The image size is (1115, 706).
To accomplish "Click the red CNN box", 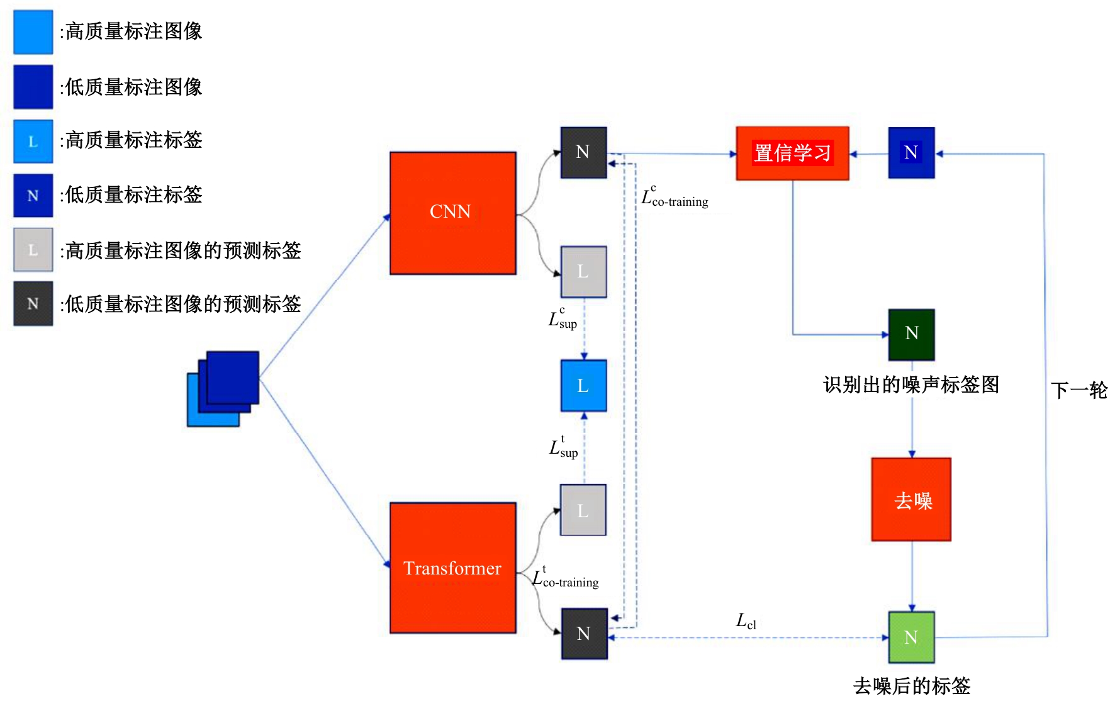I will (x=452, y=213).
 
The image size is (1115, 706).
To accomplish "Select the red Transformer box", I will (x=452, y=568).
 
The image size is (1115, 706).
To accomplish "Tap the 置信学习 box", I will (x=792, y=153).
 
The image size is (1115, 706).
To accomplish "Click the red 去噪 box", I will (x=911, y=499).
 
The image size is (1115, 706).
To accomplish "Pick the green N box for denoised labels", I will (x=911, y=637).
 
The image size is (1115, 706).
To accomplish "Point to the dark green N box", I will (x=911, y=334).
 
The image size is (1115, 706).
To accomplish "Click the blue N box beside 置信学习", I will (x=911, y=152).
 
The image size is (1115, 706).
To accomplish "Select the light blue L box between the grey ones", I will (x=583, y=385).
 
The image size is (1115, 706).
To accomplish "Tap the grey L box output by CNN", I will (x=583, y=271).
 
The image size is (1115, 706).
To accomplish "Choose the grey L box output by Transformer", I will (x=583, y=510).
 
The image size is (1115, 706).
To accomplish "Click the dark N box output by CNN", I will (x=583, y=152).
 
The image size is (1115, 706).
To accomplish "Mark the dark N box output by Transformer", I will (x=584, y=633).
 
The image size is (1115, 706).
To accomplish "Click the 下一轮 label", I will (x=1079, y=390).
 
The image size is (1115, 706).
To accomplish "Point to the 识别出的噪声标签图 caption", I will (x=910, y=384).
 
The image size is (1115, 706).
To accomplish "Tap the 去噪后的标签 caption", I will (x=911, y=685).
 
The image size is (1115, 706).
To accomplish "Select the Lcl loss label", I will (x=746, y=621).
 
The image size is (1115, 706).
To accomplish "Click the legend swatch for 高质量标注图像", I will (x=33, y=31).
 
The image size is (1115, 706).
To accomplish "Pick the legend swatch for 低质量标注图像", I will (x=33, y=87).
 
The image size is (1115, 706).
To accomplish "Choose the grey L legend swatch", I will (x=33, y=250).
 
